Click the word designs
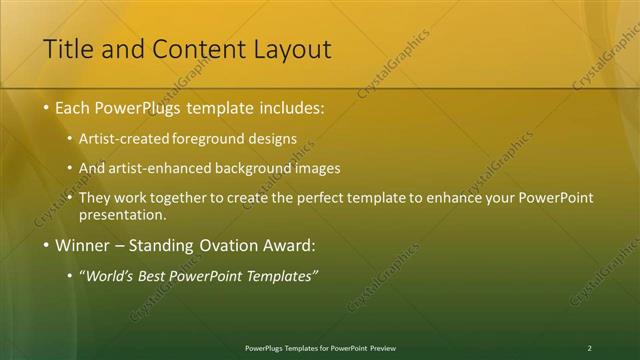coord(271,139)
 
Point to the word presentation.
coord(121,214)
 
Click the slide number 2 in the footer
coord(589,348)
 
